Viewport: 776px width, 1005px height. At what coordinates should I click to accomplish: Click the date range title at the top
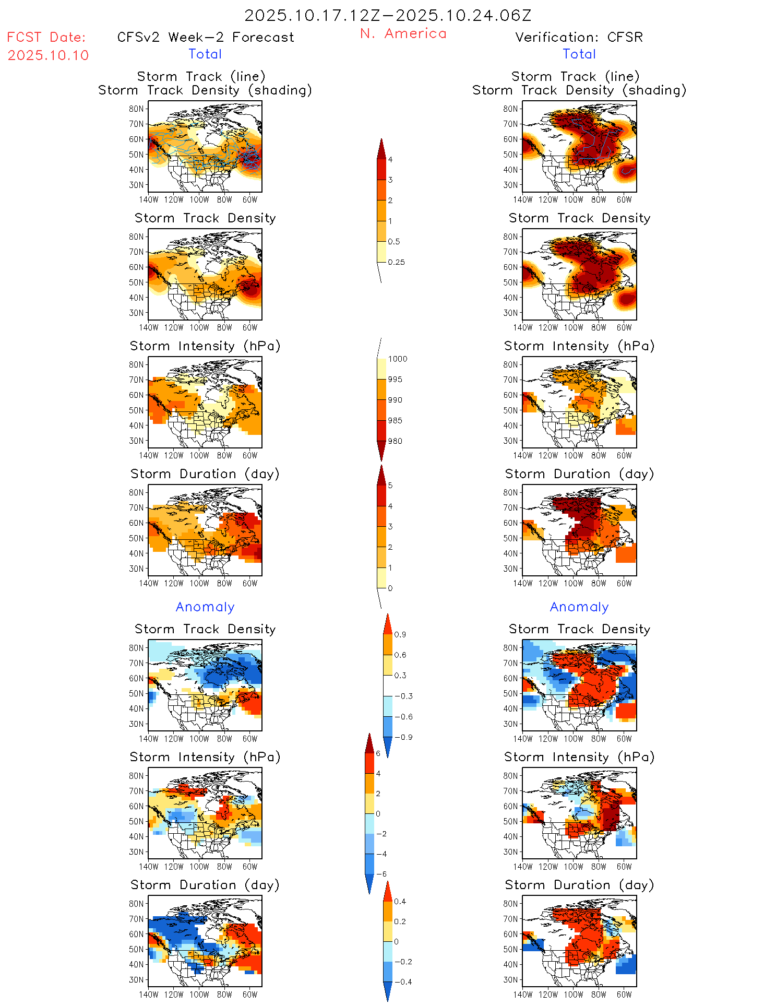point(388,16)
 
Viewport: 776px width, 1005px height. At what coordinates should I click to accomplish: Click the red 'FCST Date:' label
point(46,38)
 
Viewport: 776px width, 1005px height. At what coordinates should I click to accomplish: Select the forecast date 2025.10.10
point(49,55)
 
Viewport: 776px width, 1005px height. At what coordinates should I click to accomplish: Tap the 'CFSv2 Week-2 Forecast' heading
point(206,38)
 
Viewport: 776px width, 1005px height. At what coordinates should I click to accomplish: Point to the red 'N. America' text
point(403,34)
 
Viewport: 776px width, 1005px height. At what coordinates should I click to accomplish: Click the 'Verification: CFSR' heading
point(579,38)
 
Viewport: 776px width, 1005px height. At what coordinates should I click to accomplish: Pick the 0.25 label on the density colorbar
point(396,262)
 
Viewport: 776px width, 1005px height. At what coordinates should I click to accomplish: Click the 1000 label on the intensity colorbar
point(397,359)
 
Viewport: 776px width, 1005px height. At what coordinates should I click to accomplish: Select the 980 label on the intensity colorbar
point(395,441)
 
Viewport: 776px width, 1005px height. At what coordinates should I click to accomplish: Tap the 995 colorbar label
point(395,380)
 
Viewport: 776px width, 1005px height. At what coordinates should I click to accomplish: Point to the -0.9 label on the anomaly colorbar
point(403,737)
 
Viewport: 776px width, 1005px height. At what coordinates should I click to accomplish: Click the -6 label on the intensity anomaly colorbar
point(381,874)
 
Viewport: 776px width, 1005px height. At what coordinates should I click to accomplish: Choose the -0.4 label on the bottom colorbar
point(402,982)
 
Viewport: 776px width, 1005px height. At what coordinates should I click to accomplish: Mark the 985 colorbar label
point(395,421)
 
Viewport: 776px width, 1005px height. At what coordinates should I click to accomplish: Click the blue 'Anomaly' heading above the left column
point(205,607)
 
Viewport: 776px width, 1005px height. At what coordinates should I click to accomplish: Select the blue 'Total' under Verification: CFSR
point(579,54)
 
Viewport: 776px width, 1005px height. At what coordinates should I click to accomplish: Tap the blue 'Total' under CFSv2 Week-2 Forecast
point(205,54)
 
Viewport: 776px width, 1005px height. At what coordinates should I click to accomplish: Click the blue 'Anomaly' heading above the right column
point(579,607)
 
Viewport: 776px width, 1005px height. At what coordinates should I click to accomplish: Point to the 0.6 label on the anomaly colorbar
point(400,655)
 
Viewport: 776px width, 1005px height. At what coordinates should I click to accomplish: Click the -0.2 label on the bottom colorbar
point(402,962)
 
